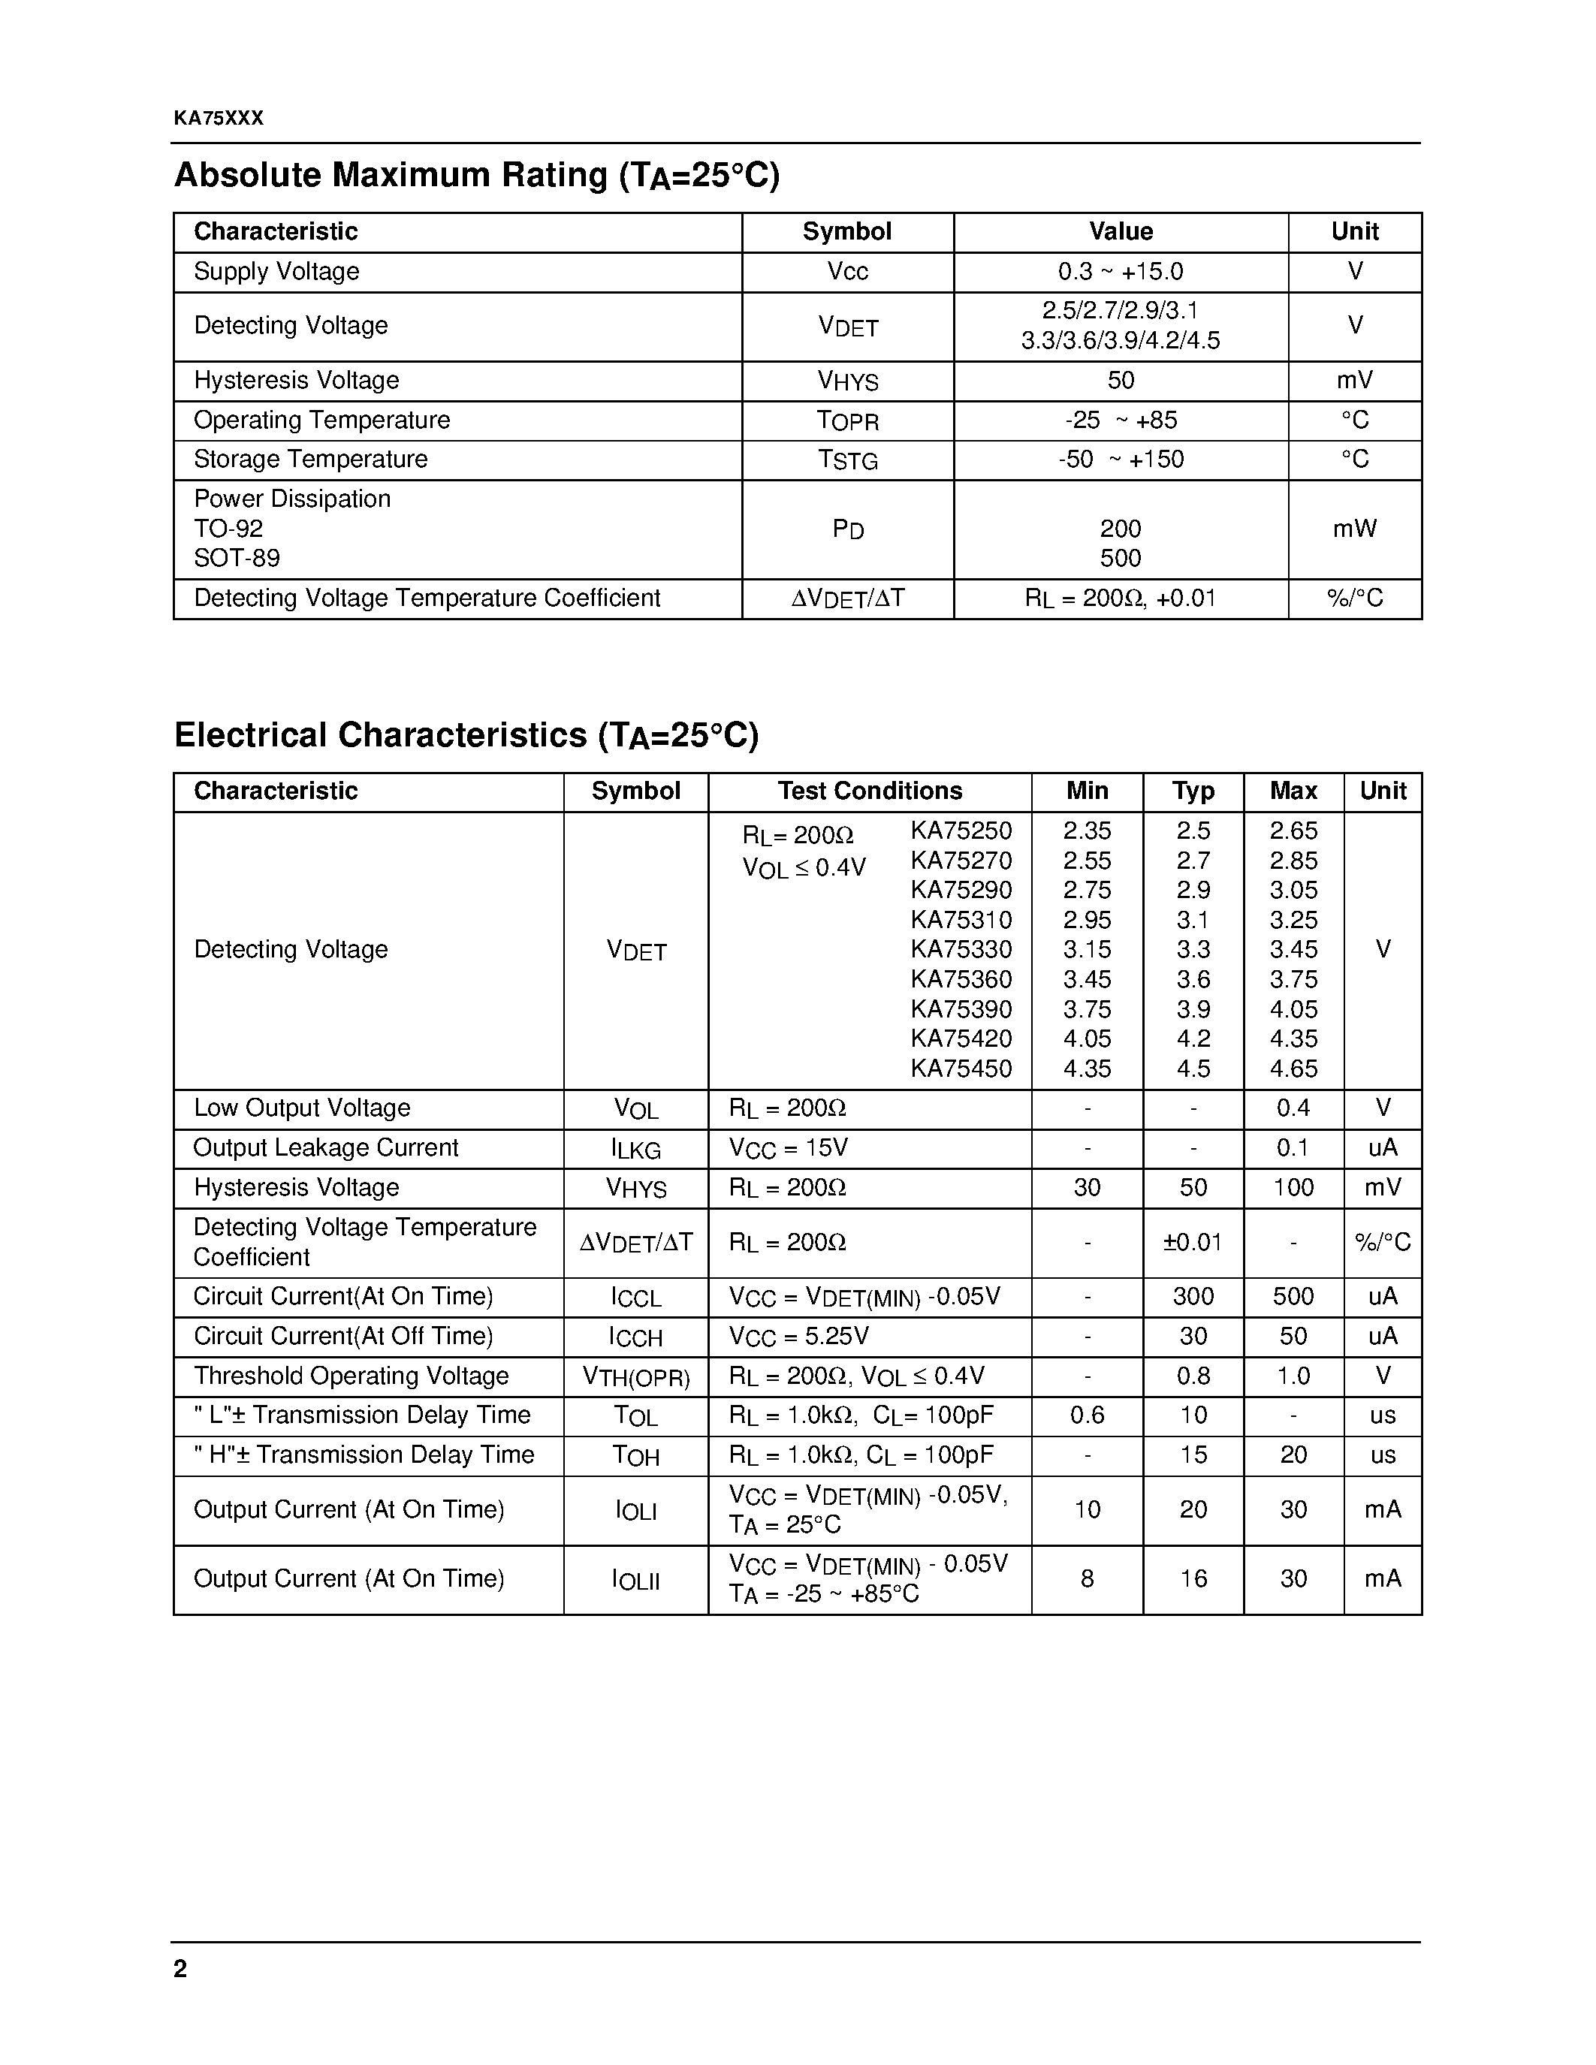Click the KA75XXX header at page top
pos(219,118)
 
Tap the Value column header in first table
pos(1121,231)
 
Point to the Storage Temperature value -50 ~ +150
pos(1121,460)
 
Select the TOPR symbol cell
pos(847,421)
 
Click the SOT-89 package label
pos(237,559)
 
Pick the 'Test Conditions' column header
pos(869,791)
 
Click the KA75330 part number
pos(961,949)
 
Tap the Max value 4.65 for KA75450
pos(1293,1069)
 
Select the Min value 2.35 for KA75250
pos(1086,831)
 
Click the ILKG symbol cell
pos(635,1149)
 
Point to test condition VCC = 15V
pos(788,1149)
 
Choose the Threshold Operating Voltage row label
pos(351,1376)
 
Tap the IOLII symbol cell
pos(635,1580)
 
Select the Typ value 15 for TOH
pos(1192,1455)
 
